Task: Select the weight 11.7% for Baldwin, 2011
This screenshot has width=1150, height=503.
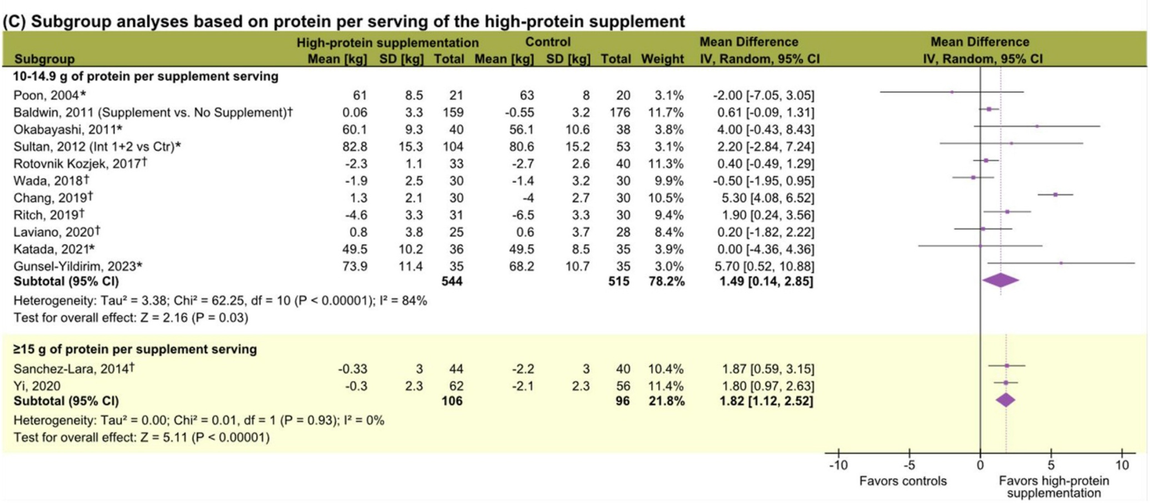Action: tap(666, 112)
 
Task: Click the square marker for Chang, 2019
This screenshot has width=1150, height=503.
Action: tap(1055, 195)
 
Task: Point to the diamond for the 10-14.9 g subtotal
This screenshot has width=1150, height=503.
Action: tap(1001, 280)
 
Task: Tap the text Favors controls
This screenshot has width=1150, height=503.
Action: tap(903, 481)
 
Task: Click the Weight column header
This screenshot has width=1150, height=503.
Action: tap(662, 59)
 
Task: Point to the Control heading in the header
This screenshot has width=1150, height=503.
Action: tap(548, 42)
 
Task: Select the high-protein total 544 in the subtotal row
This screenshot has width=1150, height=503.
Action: tap(452, 281)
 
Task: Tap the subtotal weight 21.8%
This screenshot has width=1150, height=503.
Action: tap(666, 401)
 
